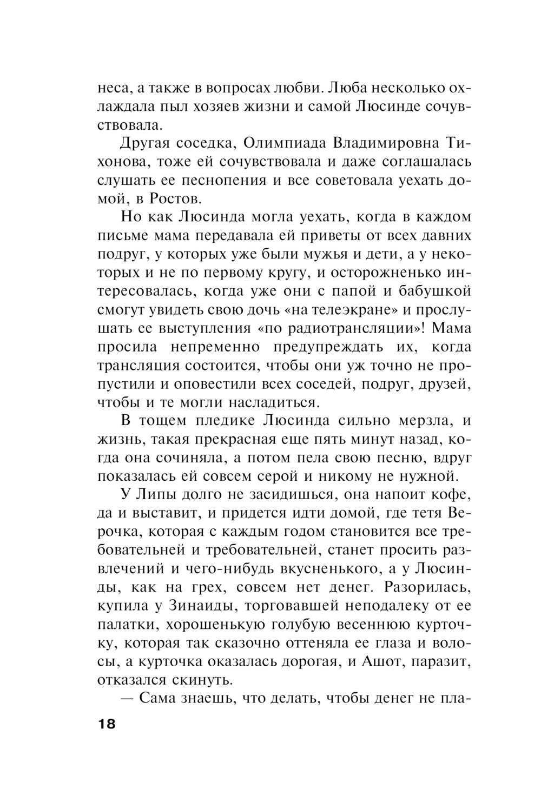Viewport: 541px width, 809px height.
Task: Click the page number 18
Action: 107,724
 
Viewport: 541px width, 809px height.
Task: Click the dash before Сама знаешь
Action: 128,698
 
